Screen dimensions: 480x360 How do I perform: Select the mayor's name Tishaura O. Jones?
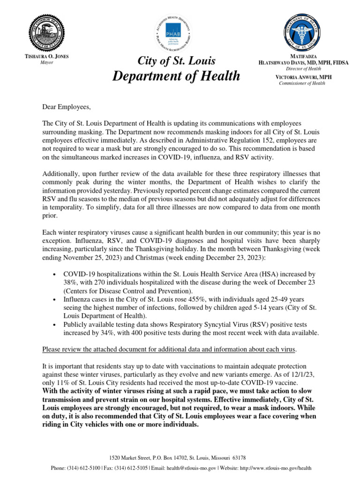(x=46, y=56)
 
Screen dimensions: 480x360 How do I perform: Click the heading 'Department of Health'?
(x=176, y=75)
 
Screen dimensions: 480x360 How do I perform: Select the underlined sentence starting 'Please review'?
(x=169, y=349)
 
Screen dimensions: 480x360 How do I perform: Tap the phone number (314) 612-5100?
(x=85, y=468)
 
